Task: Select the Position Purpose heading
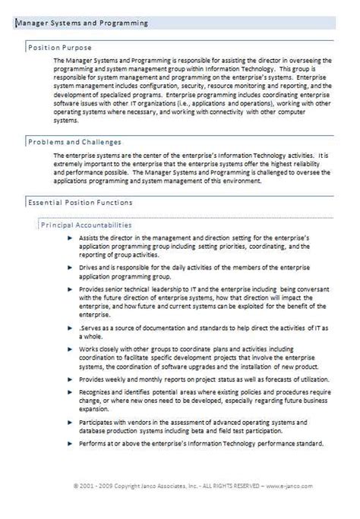pos(54,47)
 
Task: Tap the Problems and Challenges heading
pos(74,142)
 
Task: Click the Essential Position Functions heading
pos(80,203)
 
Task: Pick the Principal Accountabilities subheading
pos(86,225)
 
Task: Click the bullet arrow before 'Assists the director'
pos(69,238)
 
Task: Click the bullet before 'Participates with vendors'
pos(69,421)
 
